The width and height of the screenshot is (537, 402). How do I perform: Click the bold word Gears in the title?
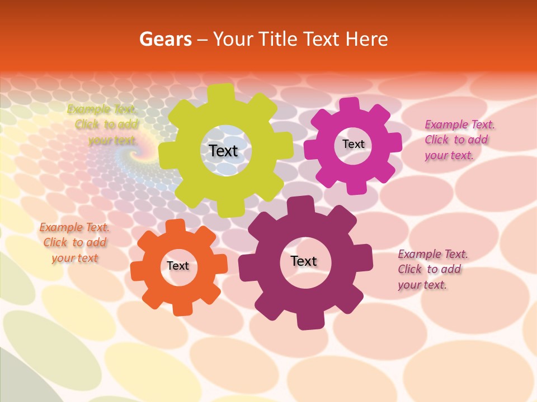(x=166, y=39)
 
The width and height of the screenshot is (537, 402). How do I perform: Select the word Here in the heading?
(x=366, y=39)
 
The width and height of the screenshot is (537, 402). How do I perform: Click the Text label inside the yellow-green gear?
(x=223, y=151)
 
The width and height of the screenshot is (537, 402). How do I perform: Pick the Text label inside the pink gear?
(x=354, y=144)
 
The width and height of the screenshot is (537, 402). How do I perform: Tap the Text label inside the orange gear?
(x=178, y=266)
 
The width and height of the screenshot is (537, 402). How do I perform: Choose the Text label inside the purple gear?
(x=304, y=261)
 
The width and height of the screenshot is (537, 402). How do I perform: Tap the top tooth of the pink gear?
(x=350, y=105)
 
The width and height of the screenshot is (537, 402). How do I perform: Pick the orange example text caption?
(x=74, y=242)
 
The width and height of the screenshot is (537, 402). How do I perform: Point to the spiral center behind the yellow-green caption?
(x=135, y=147)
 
